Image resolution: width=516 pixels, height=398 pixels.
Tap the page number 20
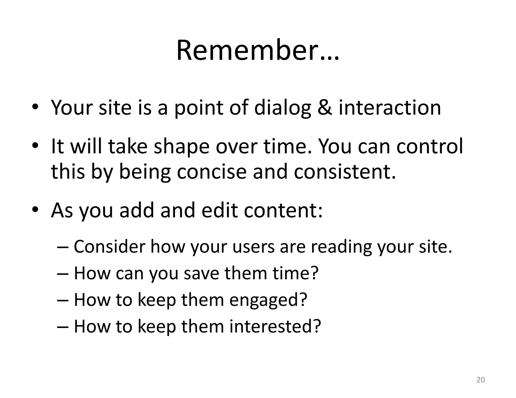481,380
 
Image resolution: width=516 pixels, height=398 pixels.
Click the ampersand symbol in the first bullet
325,107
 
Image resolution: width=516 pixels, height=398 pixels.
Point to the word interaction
390,107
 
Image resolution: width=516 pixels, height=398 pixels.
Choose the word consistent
345,172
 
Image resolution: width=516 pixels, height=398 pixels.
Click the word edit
219,210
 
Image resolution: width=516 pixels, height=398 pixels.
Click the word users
254,247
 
